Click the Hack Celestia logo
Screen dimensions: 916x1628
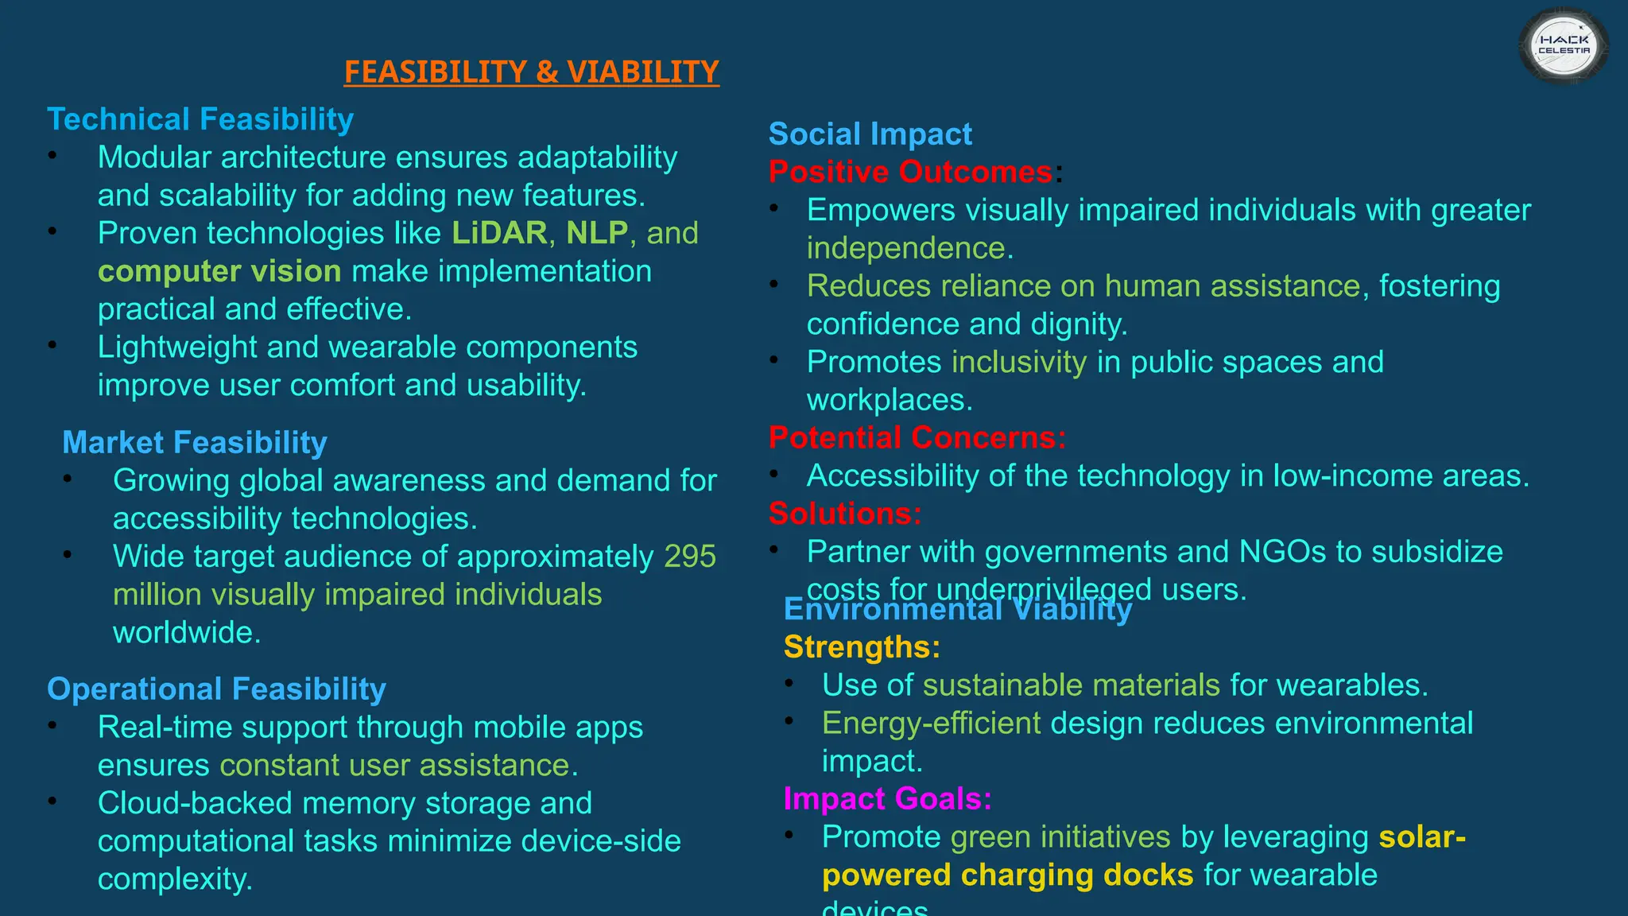tap(1564, 45)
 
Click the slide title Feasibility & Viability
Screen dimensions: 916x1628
tap(531, 72)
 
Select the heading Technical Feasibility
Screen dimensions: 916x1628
tap(200, 119)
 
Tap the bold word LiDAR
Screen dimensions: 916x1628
tap(499, 233)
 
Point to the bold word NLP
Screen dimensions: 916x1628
tap(597, 233)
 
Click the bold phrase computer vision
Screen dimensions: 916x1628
tap(219, 271)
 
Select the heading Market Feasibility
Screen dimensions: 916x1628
tap(195, 442)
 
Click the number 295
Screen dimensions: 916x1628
tap(690, 557)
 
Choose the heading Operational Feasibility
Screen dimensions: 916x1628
tap(216, 689)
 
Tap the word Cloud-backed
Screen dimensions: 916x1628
tap(195, 803)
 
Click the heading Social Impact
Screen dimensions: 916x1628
tap(870, 134)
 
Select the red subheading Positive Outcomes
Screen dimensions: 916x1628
tap(911, 172)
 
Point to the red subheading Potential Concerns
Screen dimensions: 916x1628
tap(917, 437)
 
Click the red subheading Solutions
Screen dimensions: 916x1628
tap(845, 514)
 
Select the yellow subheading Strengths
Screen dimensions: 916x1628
tap(862, 647)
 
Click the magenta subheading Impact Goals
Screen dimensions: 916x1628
tap(887, 798)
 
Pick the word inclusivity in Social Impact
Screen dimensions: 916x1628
tap(1019, 363)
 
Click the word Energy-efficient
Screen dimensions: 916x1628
tap(931, 724)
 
